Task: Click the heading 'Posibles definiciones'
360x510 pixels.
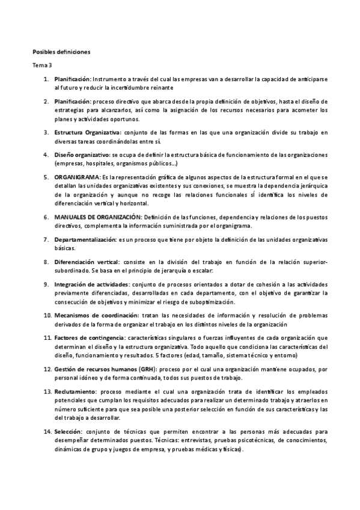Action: tap(61, 52)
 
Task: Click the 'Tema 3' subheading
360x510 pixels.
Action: tap(42, 65)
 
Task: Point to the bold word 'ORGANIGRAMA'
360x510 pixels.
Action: tap(76, 178)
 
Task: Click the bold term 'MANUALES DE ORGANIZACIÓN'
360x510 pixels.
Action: tap(98, 217)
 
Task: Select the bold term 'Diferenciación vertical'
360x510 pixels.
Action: tap(87, 262)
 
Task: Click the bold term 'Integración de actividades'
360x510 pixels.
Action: tap(91, 284)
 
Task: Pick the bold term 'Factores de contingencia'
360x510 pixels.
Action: tap(90, 339)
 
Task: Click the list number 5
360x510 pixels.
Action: tap(46, 178)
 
